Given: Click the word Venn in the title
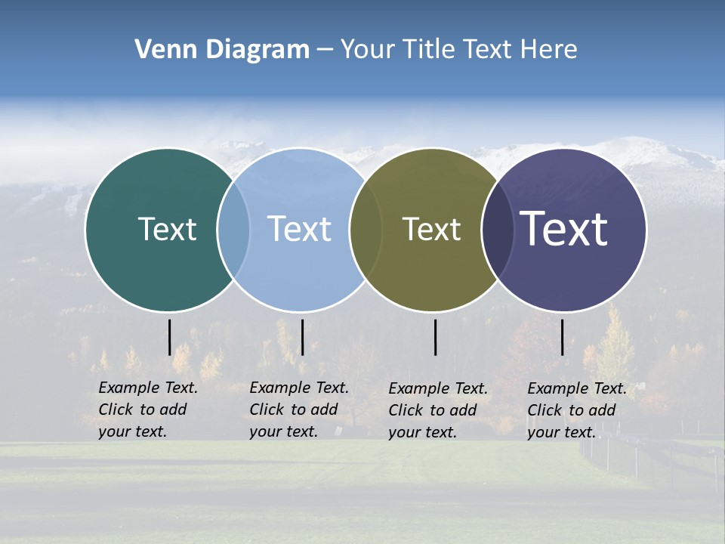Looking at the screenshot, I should coord(160,50).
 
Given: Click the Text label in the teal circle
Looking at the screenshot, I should coord(167,229).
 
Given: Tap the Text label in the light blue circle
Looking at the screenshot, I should coord(299,229).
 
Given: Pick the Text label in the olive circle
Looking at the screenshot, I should coord(431,229).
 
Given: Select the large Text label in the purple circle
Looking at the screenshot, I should coord(564,229).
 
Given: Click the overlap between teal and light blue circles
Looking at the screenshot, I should coord(234,230).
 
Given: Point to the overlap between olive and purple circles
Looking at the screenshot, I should coord(498,230).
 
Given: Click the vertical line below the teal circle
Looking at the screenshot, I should coord(170,337).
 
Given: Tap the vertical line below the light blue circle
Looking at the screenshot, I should coord(302,337).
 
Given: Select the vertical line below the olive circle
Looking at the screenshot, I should coord(436,337).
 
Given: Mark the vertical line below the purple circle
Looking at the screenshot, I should coord(563,337).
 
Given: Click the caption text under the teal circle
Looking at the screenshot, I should coord(148,410).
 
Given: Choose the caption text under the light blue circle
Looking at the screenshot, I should coord(299,410).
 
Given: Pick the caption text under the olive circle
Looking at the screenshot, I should coord(438,410).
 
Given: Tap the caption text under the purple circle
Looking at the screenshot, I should coord(577,410).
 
